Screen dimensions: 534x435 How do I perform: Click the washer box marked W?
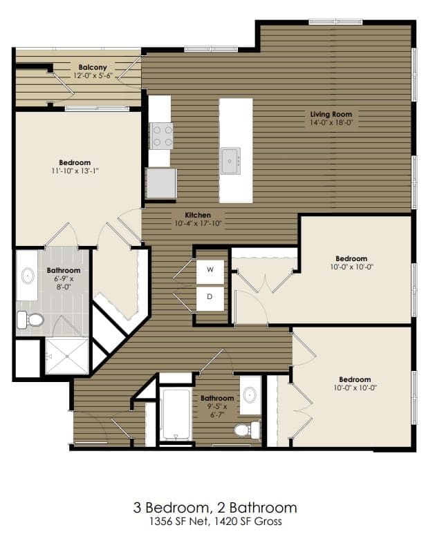tap(210, 270)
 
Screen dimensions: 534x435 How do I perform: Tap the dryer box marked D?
tap(210, 298)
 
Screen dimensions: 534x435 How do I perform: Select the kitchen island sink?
tap(230, 160)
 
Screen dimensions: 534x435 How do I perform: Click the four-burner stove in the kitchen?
tap(161, 135)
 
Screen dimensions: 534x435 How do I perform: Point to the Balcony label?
tap(92, 67)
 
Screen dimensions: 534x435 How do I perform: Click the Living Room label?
tap(331, 114)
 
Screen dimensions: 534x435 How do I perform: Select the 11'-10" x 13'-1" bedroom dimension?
tap(75, 171)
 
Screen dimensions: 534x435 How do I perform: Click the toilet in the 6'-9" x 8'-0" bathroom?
tap(30, 319)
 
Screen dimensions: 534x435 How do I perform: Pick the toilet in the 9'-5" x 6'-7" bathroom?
tap(244, 430)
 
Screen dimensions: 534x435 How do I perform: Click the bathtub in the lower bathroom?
tap(176, 414)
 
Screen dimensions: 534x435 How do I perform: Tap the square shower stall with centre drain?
tap(66, 356)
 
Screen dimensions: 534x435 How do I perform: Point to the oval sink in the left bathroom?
tap(28, 277)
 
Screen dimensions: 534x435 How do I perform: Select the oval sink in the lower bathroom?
tap(250, 395)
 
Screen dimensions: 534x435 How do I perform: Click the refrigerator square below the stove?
tap(161, 183)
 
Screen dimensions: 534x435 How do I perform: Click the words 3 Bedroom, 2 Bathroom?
tap(215, 508)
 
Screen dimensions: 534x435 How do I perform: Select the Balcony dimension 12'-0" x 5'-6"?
tap(92, 75)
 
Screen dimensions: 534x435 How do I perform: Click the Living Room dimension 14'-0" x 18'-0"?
tap(331, 122)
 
